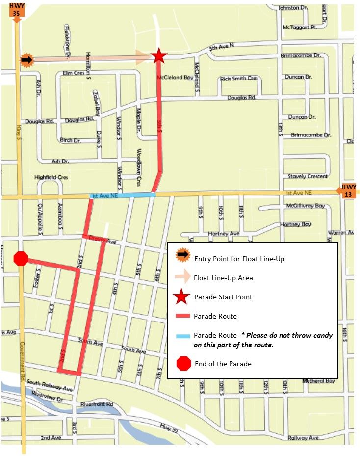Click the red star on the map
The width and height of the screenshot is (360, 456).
pos(158,56)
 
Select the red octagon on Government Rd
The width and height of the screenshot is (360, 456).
pos(21,259)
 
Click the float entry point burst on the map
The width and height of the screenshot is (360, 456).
pos(26,60)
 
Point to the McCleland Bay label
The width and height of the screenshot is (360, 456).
pos(175,78)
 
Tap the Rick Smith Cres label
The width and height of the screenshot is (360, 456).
pos(239,78)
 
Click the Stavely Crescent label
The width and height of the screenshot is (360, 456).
pos(308,176)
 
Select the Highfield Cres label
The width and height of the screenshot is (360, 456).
pos(51,177)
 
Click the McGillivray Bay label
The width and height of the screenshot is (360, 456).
pos(306,206)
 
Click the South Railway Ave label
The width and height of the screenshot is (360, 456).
pos(50,385)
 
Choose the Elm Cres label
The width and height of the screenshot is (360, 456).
pos(75,73)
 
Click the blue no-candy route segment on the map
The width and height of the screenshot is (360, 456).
pos(123,195)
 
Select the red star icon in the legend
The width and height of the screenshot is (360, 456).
pos(182,297)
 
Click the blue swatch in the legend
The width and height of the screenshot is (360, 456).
pos(182,336)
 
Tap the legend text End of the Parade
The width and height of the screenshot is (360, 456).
pos(223,364)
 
